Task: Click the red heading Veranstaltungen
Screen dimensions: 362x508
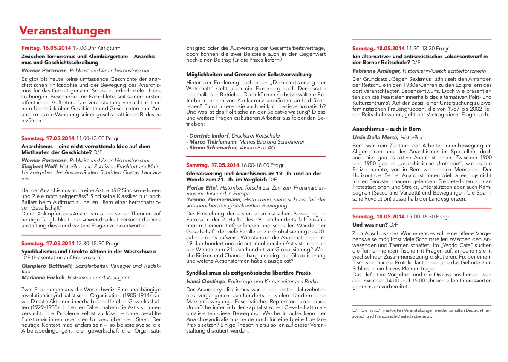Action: (x=65, y=31)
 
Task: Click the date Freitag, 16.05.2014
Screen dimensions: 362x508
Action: (x=46, y=48)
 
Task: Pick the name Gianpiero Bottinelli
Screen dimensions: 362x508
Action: (x=47, y=266)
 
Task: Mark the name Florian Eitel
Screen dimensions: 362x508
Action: (x=202, y=187)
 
